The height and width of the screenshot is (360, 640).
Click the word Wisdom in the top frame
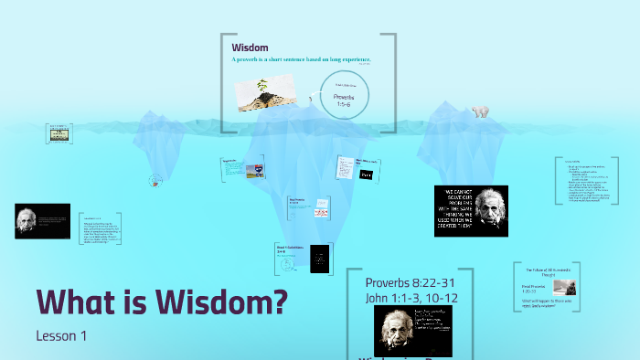pyautogui.click(x=250, y=48)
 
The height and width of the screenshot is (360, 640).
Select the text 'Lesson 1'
pyautogui.click(x=61, y=335)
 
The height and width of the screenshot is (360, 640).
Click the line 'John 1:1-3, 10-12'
pyautogui.click(x=411, y=296)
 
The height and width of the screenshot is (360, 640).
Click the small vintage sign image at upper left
pyautogui.click(x=60, y=133)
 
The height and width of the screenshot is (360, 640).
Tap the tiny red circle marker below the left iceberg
pyautogui.click(x=155, y=181)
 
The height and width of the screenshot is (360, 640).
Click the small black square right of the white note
pyautogui.click(x=367, y=174)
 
